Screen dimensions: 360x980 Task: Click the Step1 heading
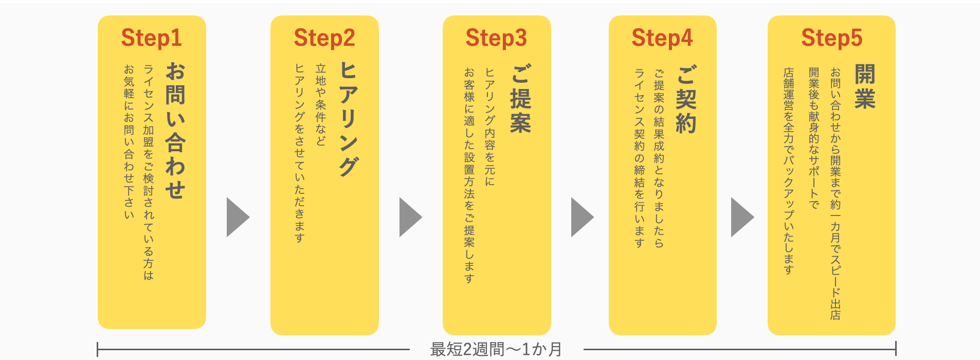click(152, 38)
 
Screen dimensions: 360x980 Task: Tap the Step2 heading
click(324, 38)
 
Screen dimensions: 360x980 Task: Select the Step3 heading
click(496, 38)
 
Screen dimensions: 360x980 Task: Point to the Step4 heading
click(662, 38)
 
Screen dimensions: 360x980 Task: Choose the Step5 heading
click(831, 38)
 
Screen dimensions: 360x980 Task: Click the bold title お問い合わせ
click(175, 131)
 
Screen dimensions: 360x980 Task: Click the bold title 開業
click(865, 86)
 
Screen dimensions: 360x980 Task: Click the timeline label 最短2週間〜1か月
click(496, 350)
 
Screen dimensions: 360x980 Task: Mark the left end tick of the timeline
click(98, 349)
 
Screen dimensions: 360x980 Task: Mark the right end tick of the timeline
click(896, 349)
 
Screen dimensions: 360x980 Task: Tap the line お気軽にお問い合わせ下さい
click(129, 141)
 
